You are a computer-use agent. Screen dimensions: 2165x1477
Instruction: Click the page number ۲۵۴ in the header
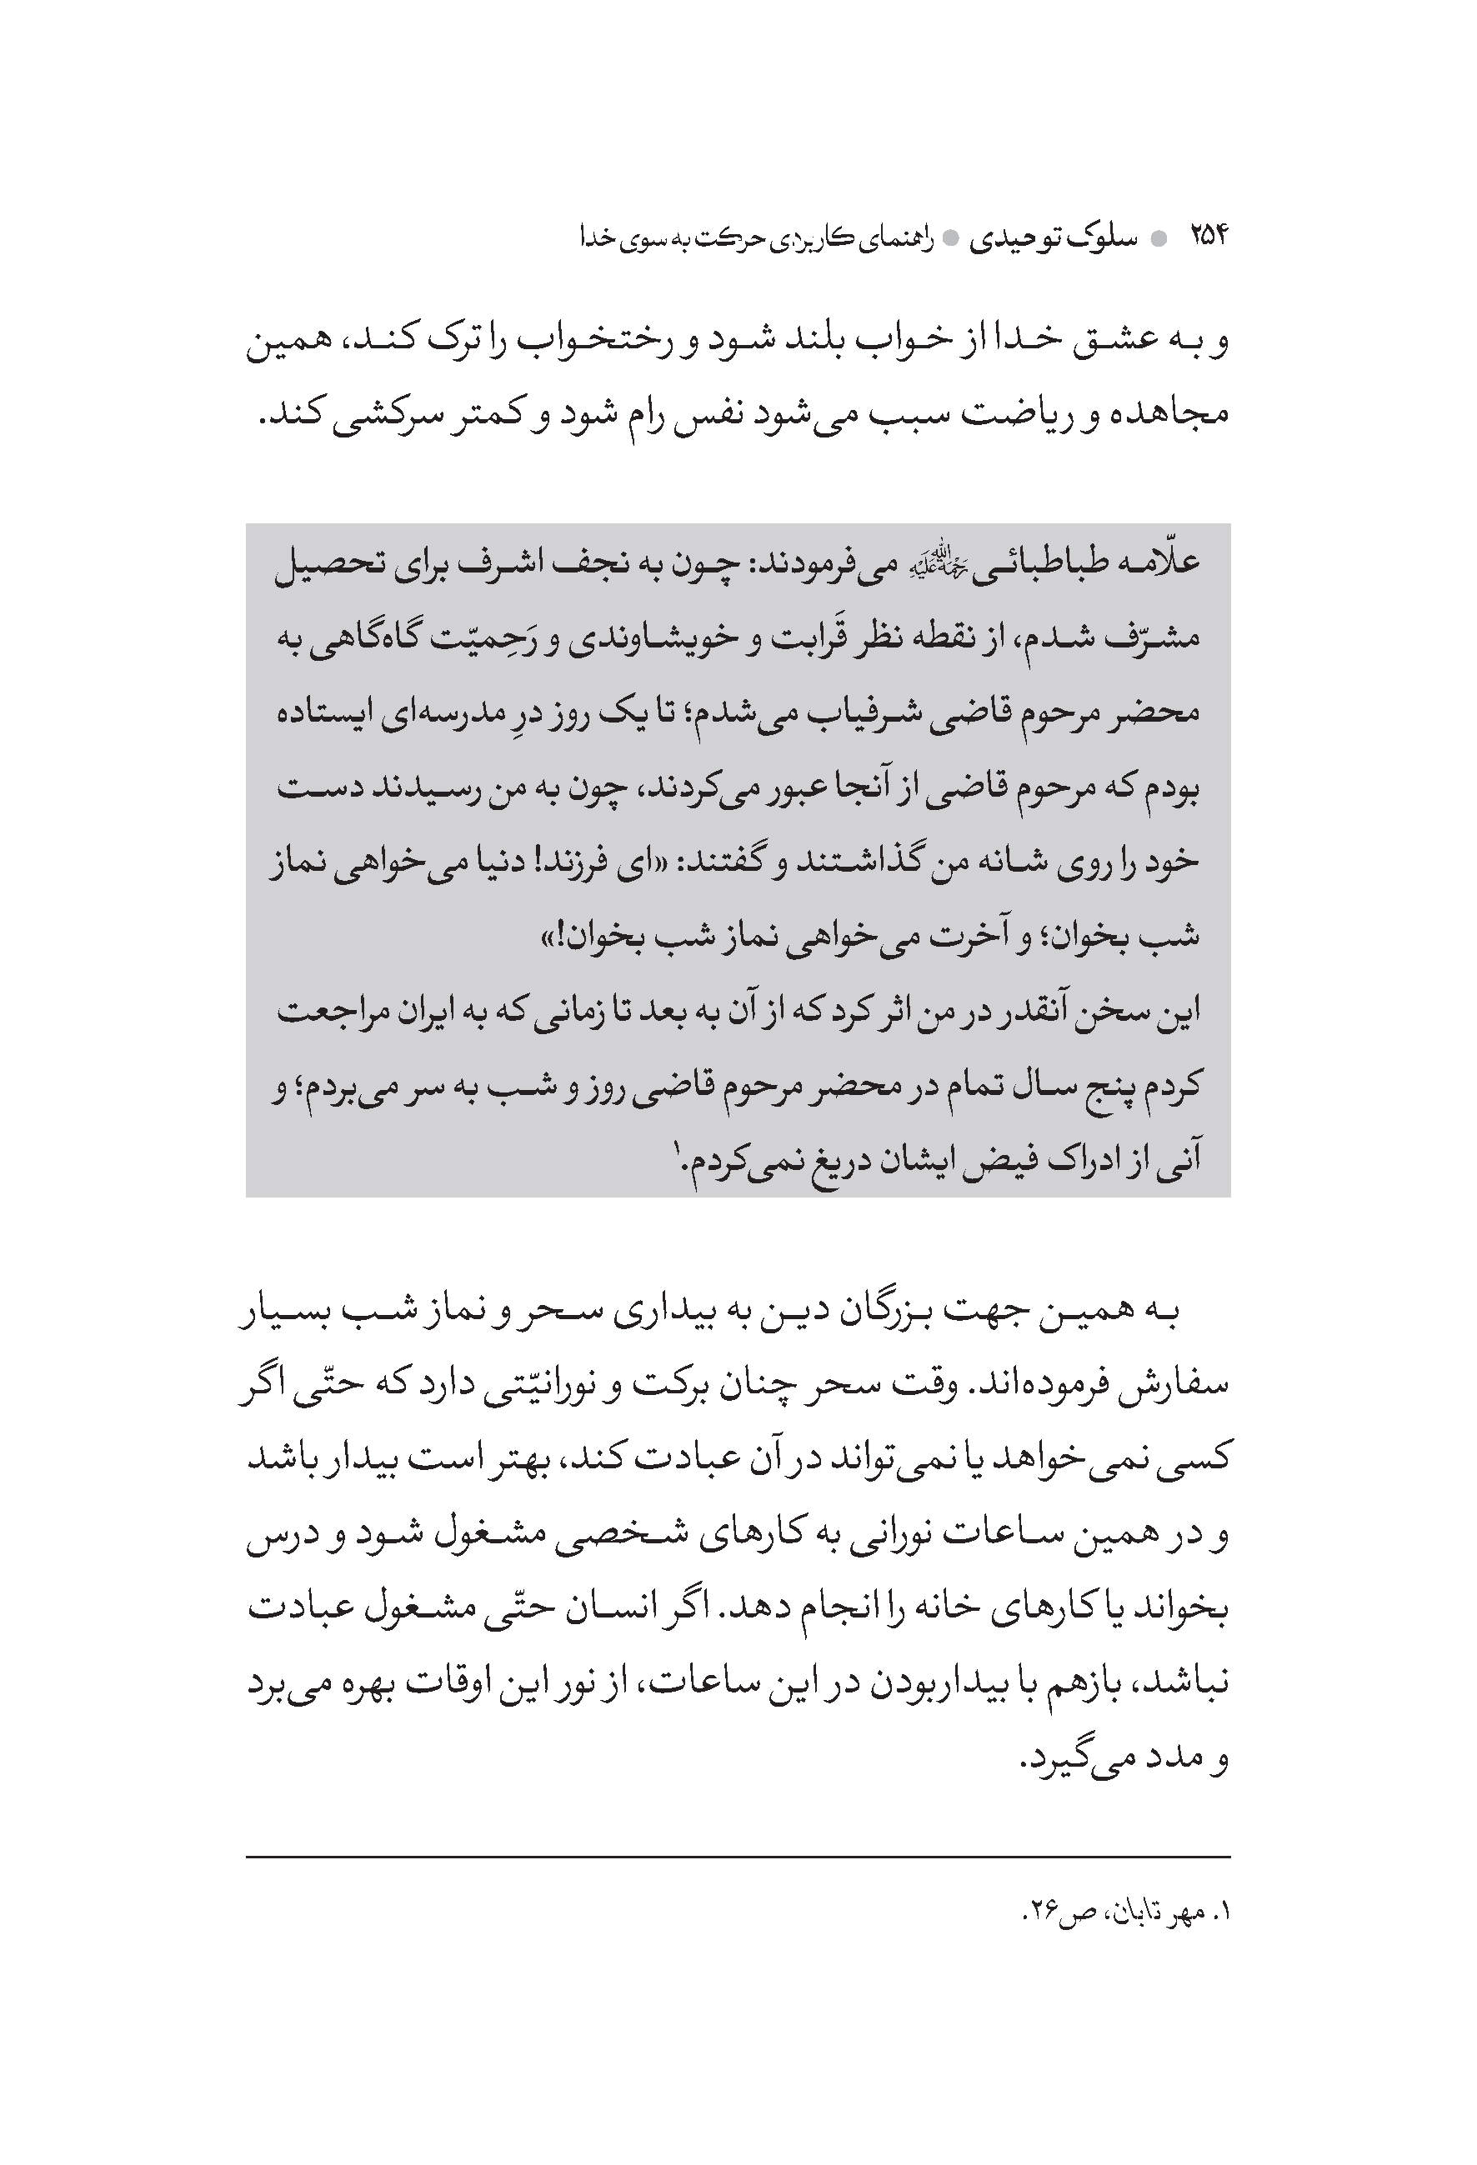(1209, 238)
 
